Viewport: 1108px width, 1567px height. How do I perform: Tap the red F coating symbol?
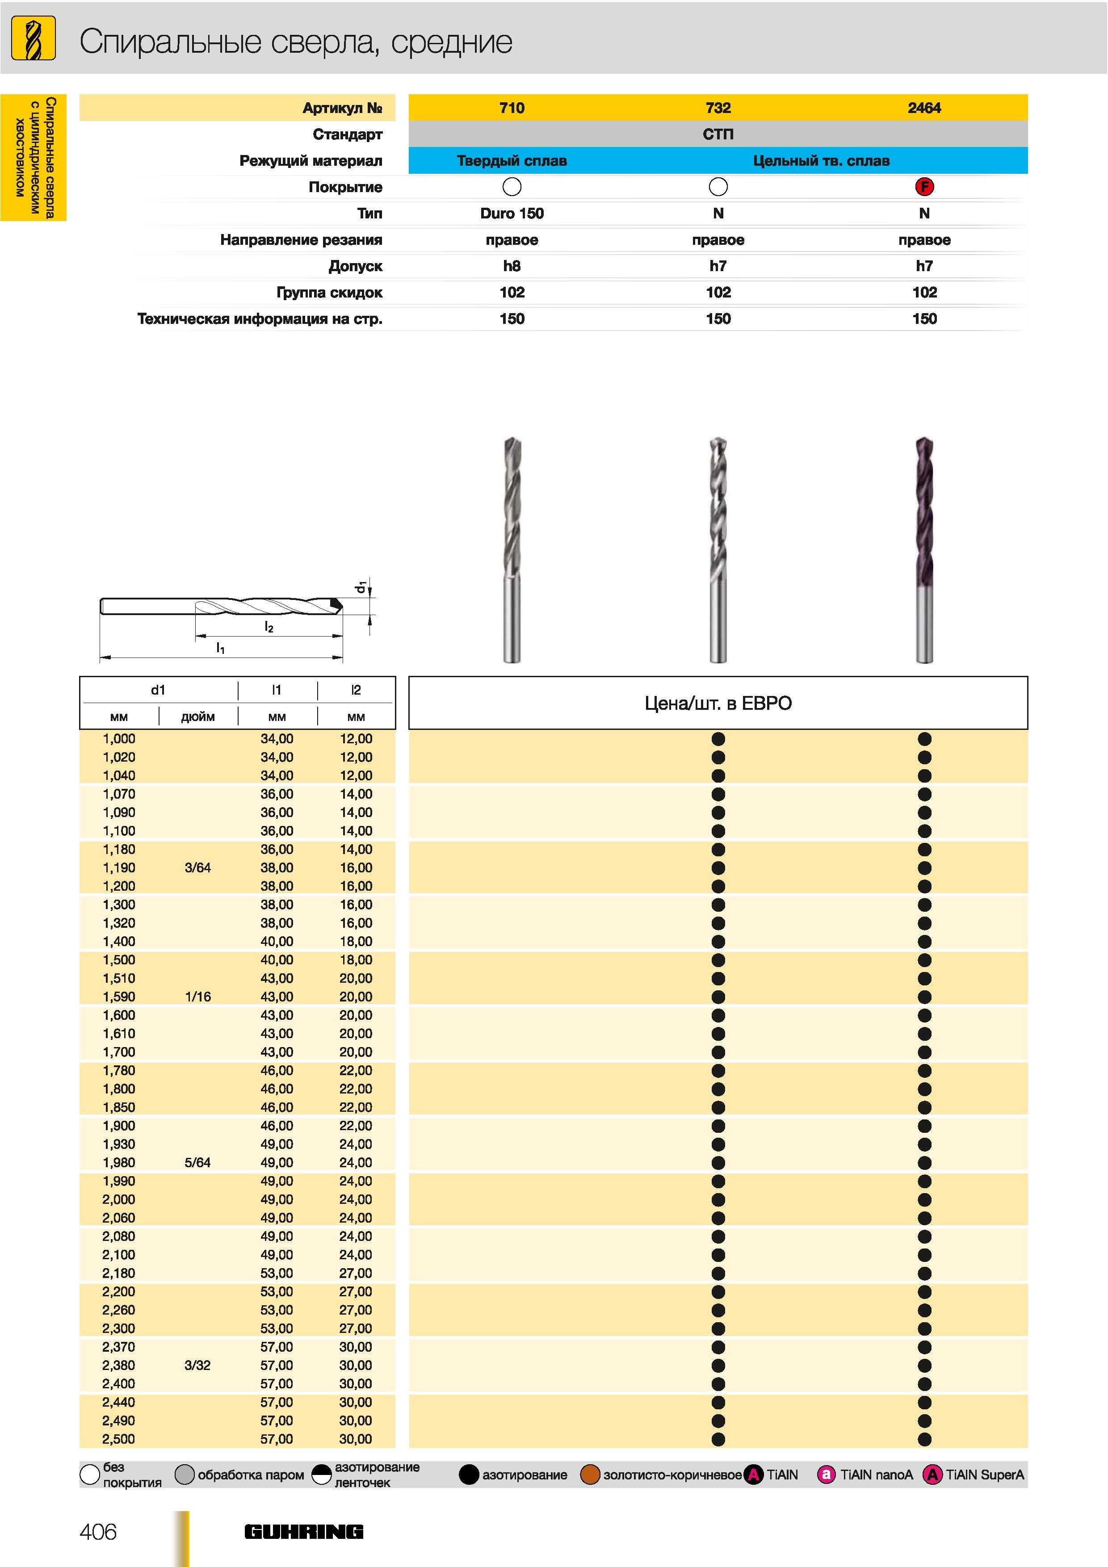[924, 186]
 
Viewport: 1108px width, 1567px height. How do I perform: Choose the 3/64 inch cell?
[197, 868]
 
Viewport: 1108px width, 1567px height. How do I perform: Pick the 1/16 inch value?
[197, 997]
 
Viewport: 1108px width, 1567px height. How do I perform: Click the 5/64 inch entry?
[197, 1163]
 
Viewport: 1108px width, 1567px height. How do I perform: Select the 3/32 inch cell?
[197, 1366]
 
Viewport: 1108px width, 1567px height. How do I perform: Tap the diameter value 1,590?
[119, 997]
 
